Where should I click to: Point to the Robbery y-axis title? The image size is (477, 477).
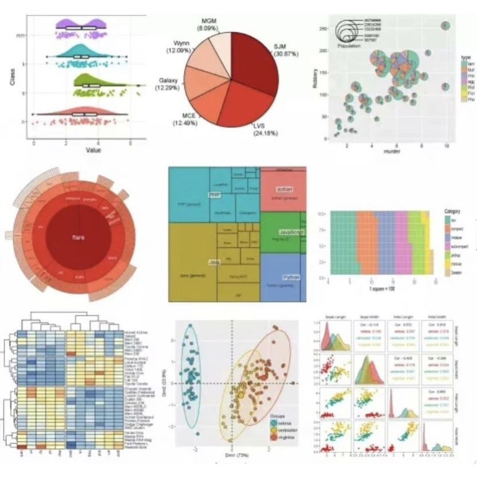[x=315, y=78]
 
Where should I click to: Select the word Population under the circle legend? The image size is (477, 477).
[x=349, y=46]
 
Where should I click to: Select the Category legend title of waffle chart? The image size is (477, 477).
[x=453, y=211]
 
